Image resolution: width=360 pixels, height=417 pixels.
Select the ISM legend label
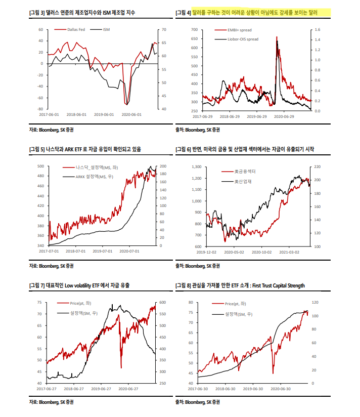pos(106,29)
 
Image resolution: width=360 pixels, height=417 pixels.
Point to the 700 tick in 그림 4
pos(194,30)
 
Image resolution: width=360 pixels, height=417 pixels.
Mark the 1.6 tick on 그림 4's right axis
pos(318,30)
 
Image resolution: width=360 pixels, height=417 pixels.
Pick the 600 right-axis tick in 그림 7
pos(162,303)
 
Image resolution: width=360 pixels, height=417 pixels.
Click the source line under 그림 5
pos(51,266)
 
